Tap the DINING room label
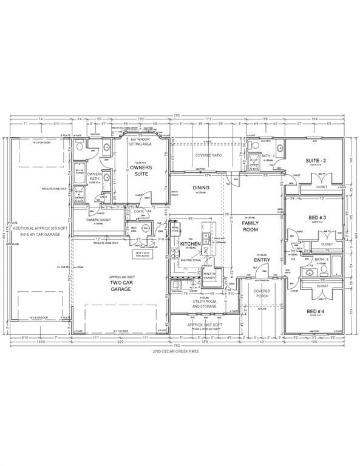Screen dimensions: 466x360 (x=201, y=187)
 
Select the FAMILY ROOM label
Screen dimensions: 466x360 (x=251, y=227)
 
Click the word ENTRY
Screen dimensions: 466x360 (x=262, y=260)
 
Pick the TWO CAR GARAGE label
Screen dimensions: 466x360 (x=120, y=286)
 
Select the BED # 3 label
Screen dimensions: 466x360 (x=317, y=217)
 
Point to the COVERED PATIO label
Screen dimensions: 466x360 (x=208, y=155)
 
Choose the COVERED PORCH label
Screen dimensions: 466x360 (x=262, y=294)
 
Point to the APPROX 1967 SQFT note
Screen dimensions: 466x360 (x=205, y=325)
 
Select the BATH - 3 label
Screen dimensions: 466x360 (x=321, y=260)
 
